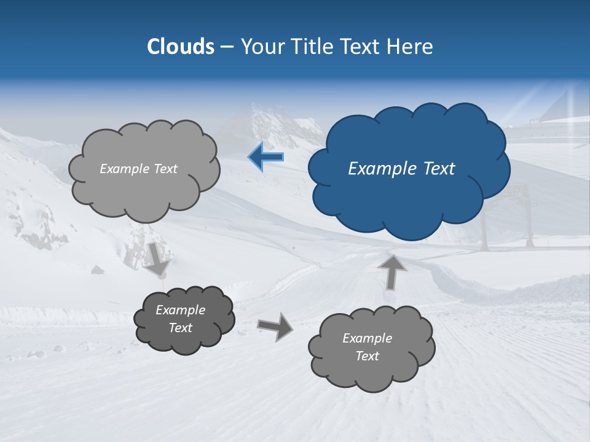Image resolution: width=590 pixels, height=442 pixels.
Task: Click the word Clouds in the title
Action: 181,47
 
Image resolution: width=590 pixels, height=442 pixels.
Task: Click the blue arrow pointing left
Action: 266,157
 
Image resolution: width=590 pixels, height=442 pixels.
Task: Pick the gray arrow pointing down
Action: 157,258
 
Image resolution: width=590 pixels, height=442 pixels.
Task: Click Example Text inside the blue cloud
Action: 401,169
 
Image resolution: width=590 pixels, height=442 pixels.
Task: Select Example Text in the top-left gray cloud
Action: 138,169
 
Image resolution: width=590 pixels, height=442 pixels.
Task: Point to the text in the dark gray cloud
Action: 181,319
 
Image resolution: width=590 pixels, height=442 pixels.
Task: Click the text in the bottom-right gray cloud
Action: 367,347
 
